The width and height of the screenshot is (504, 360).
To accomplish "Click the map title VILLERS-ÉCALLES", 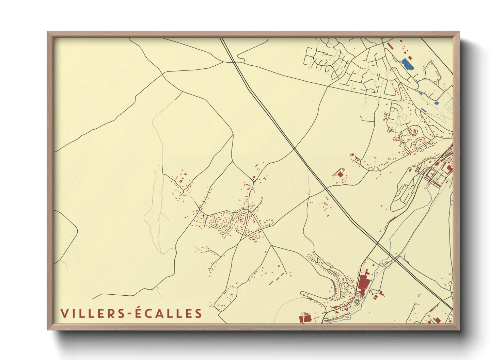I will pos(131,313).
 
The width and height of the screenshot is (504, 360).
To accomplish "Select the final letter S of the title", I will pos(198,313).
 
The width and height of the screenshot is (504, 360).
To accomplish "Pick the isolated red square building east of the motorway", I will pos(340,174).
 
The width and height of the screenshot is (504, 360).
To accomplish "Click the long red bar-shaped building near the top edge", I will pos(389,45).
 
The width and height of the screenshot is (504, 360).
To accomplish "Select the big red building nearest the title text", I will pos(305,318).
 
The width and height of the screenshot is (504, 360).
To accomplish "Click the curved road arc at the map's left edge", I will pos(70,235).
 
